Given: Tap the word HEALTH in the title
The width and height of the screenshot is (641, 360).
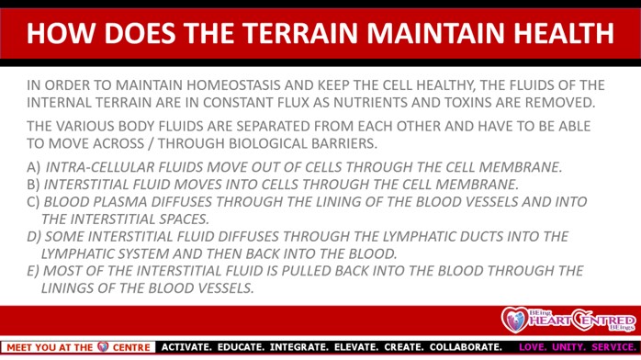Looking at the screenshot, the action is [564, 33].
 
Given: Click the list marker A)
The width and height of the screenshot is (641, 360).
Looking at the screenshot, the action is [34, 167].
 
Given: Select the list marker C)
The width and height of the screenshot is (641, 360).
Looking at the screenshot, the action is [33, 202].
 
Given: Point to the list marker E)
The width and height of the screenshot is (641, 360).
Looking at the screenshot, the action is [33, 271].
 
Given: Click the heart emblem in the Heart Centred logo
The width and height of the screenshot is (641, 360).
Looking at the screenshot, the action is [515, 320].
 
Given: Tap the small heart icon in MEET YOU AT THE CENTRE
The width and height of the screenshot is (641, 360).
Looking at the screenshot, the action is [103, 347].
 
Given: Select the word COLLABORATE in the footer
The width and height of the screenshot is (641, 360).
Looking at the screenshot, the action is [466, 347].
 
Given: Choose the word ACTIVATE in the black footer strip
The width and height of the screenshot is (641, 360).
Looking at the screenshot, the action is [186, 347].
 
